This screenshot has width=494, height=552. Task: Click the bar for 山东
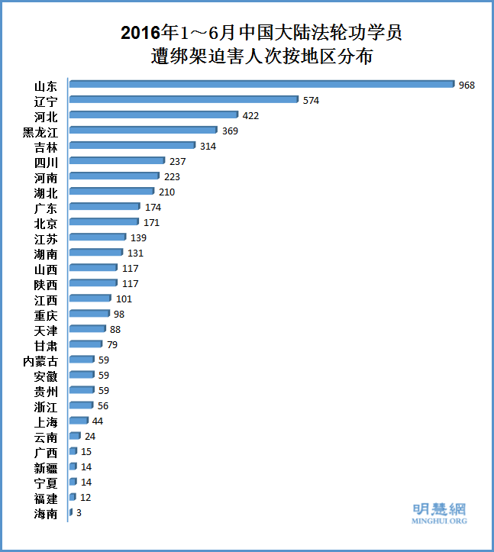click(261, 85)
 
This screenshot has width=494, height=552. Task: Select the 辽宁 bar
click(183, 100)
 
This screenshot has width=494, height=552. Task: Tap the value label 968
click(467, 85)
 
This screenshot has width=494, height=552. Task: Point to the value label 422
click(251, 115)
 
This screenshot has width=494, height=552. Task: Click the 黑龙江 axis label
click(40, 131)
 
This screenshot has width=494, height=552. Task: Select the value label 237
click(178, 161)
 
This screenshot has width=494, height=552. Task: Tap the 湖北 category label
click(46, 192)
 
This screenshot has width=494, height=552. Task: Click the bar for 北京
click(105, 222)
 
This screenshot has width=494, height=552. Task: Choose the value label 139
click(138, 237)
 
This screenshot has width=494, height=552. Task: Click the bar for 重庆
click(90, 314)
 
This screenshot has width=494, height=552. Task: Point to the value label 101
click(124, 299)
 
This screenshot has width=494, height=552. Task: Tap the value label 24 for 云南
click(90, 436)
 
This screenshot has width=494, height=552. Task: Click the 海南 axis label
click(46, 514)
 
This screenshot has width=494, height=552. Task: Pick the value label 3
click(79, 513)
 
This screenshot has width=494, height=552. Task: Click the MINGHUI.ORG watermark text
click(439, 521)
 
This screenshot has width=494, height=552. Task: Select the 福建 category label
click(46, 499)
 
